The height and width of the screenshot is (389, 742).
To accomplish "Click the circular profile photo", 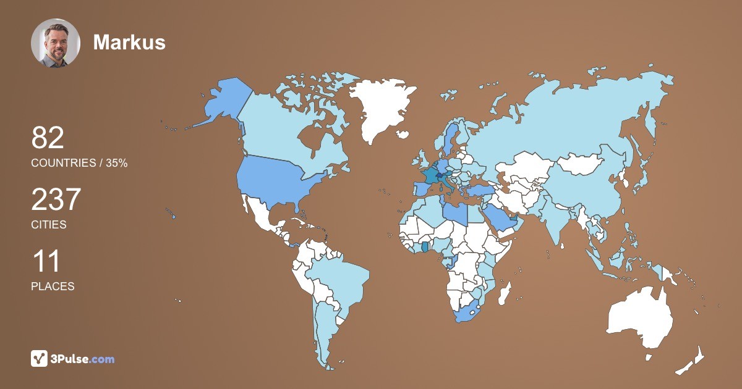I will tap(56, 43).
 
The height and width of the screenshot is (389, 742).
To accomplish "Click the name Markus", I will tap(129, 42).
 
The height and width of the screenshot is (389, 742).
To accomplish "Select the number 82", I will tap(48, 138).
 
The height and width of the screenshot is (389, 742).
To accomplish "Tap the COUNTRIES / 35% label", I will tap(79, 163).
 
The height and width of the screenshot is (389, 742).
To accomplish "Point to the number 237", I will tap(56, 200).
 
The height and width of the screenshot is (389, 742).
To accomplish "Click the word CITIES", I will tap(49, 225).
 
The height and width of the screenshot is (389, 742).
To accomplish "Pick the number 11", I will tap(46, 262).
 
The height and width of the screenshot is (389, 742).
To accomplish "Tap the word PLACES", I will tap(53, 287).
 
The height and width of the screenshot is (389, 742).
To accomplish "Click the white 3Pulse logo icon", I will tap(40, 359).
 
